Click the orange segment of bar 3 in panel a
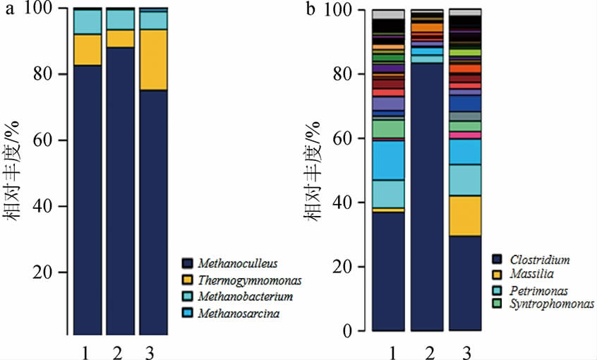click(153, 60)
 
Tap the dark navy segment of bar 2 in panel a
click(120, 191)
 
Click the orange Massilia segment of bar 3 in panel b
click(466, 215)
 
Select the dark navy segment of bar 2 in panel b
click(427, 198)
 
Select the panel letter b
click(311, 9)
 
